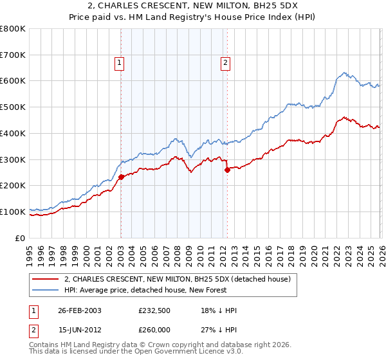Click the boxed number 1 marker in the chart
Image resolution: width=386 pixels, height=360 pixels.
click(120, 63)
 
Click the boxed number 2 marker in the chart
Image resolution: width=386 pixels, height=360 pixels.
click(226, 63)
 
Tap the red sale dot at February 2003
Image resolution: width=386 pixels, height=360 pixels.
click(121, 176)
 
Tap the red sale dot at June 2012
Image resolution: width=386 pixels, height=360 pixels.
click(227, 170)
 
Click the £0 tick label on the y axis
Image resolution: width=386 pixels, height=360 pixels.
click(21, 238)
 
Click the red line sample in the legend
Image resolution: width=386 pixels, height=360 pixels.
click(46, 279)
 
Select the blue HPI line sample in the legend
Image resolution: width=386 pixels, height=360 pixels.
click(46, 290)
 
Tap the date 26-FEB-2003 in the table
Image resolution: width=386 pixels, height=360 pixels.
click(80, 310)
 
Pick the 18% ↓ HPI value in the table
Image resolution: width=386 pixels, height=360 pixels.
click(218, 310)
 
